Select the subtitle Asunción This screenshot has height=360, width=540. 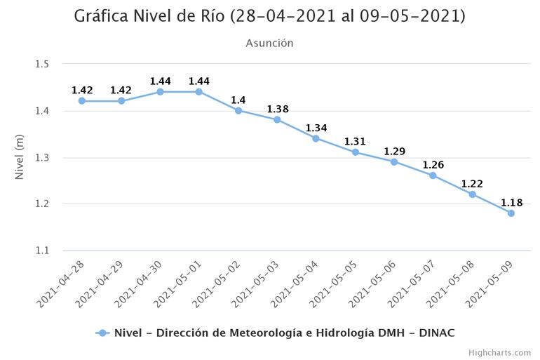click(269, 44)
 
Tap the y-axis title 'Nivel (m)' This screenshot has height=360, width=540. click(20, 157)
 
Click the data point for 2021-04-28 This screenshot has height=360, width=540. click(82, 101)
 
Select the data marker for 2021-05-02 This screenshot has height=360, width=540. click(238, 110)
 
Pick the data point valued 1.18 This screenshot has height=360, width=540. click(511, 213)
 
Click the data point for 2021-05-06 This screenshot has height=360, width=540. click(394, 161)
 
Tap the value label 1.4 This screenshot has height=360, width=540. click(238, 100)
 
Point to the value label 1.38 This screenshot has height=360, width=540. click(277, 109)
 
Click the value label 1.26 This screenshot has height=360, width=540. click(433, 166)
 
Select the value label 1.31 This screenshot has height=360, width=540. click(355, 142)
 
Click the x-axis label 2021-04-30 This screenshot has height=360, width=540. click(137, 282)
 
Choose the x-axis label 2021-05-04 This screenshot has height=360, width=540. click(294, 282)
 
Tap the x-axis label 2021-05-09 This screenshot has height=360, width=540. click(489, 282)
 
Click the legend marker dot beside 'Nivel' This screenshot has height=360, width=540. click(103, 333)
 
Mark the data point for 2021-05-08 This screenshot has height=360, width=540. click(472, 194)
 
